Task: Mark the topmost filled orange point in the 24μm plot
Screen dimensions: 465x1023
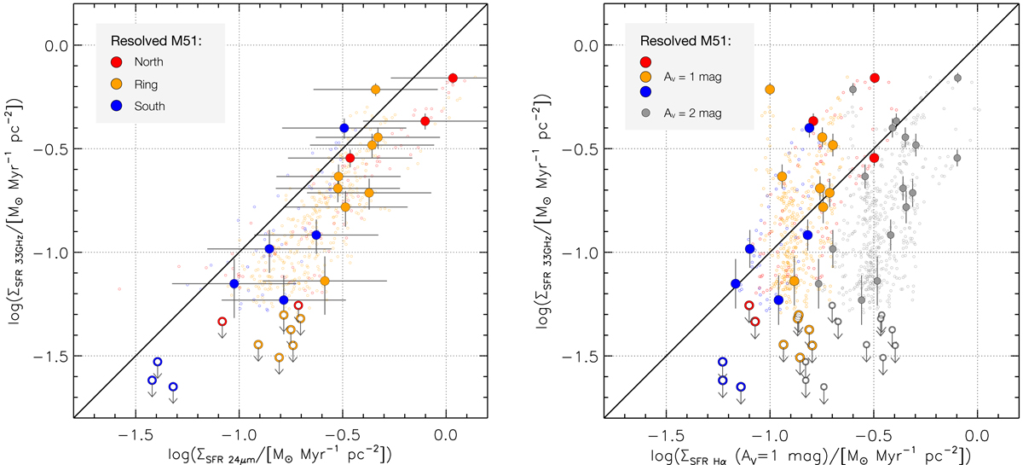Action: click(376, 90)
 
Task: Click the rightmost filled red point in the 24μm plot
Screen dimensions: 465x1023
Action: click(453, 78)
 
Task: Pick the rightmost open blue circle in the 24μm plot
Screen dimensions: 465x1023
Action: click(173, 387)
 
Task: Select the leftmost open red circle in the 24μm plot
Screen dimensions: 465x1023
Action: click(222, 322)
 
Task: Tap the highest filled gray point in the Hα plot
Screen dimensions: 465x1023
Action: click(958, 78)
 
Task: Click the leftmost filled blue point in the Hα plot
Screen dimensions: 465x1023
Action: click(736, 283)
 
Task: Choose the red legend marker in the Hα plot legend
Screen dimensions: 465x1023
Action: click(645, 61)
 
